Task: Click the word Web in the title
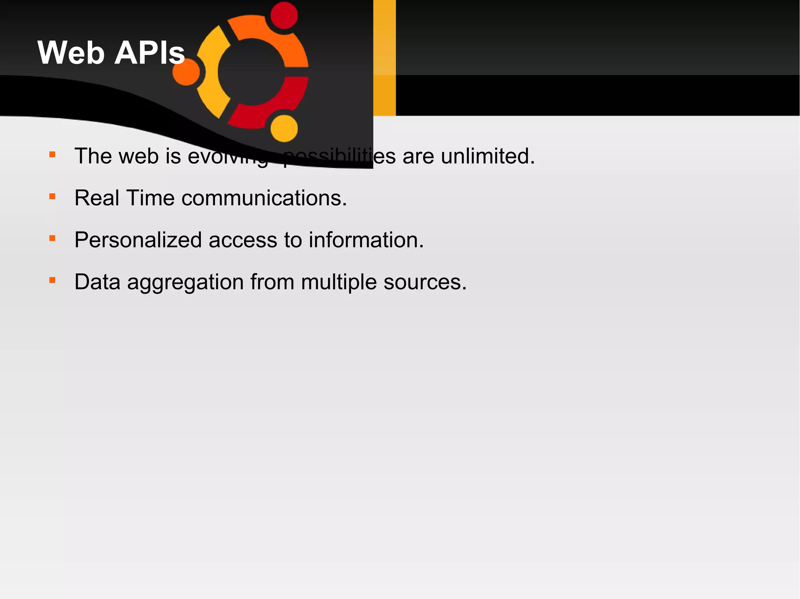71,53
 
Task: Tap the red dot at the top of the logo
284,16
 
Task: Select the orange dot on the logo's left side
186,72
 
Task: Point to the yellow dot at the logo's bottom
284,128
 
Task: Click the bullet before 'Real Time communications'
52,196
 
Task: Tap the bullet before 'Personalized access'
52,238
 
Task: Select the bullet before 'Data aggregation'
52,280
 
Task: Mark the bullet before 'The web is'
52,155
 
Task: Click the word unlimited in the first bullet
487,156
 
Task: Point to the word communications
264,198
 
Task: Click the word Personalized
138,240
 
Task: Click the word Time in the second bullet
150,198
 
